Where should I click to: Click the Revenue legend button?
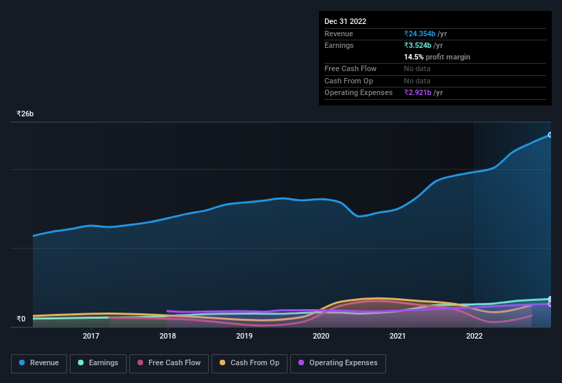[x=39, y=363]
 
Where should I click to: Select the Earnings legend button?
[x=98, y=363]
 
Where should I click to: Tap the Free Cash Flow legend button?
[x=168, y=363]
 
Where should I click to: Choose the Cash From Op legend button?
[x=249, y=363]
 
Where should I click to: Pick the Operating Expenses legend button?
[x=337, y=363]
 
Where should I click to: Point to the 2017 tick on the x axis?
[x=91, y=336]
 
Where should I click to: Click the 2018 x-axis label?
[x=168, y=336]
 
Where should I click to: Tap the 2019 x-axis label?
[x=244, y=336]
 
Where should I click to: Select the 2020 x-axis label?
[x=321, y=336]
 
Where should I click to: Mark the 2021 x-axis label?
[x=398, y=336]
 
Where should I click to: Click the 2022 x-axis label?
[x=474, y=336]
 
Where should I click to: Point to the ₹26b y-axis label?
[x=25, y=114]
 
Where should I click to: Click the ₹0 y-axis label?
[x=21, y=319]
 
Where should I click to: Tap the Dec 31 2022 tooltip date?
[x=345, y=21]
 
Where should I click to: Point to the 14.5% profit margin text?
[x=437, y=57]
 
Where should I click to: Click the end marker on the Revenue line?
[x=550, y=135]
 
